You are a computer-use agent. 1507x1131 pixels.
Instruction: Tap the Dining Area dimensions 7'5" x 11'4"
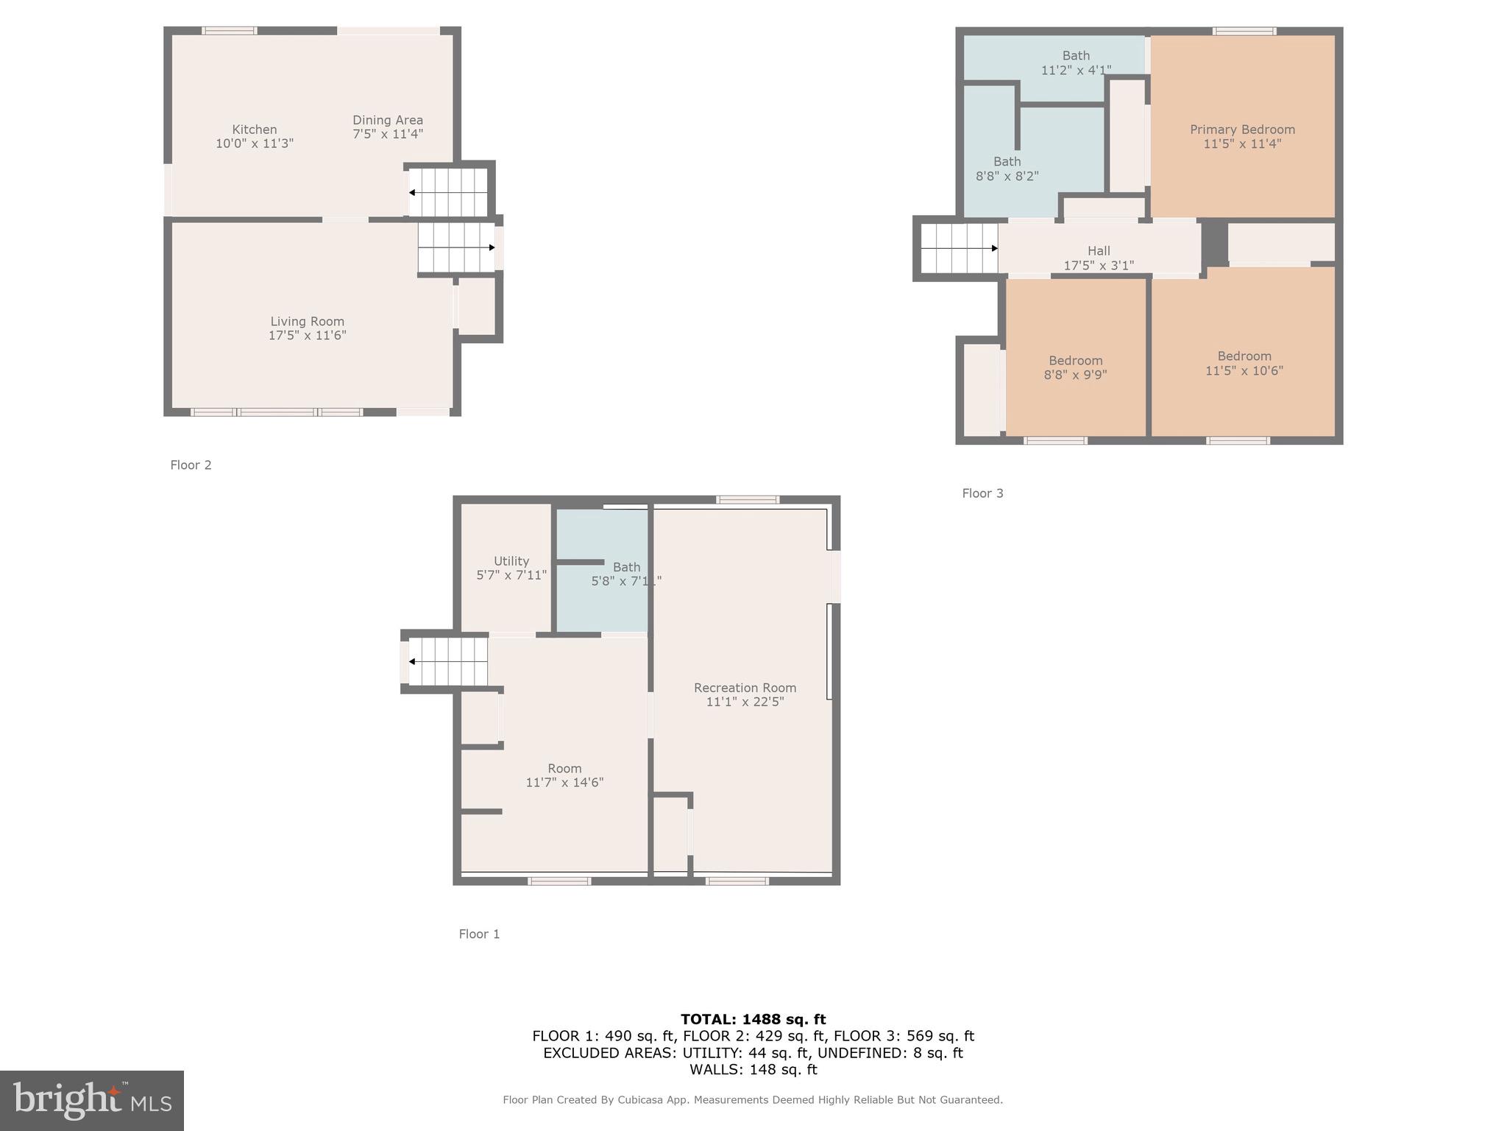(x=387, y=134)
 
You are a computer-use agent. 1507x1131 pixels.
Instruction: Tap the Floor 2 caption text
(x=191, y=465)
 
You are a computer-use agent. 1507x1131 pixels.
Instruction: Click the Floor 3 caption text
(x=982, y=493)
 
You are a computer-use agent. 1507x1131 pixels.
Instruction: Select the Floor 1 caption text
(x=479, y=934)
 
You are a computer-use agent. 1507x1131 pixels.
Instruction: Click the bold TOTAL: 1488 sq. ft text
(x=753, y=1019)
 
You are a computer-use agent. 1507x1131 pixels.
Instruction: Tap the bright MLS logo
(x=92, y=1100)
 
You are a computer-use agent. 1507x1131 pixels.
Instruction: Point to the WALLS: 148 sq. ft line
(x=753, y=1069)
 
